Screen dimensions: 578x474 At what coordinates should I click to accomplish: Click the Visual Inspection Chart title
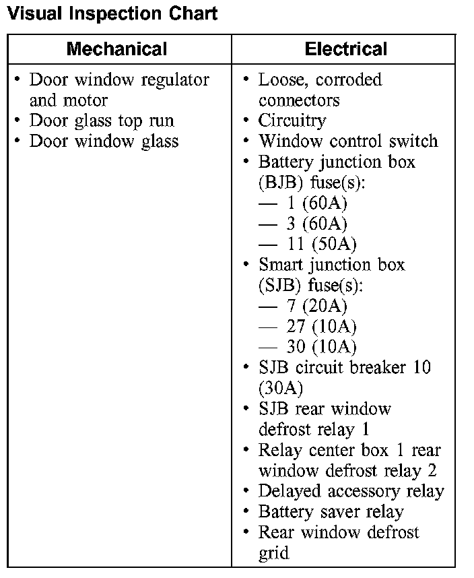pyautogui.click(x=112, y=13)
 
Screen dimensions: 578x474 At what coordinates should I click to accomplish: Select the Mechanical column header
pyautogui.click(x=116, y=49)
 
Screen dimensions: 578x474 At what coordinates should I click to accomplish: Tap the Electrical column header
pyautogui.click(x=345, y=49)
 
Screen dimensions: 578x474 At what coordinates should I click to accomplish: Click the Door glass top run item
pyautogui.click(x=102, y=121)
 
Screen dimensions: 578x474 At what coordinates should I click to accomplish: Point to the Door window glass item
pyautogui.click(x=104, y=141)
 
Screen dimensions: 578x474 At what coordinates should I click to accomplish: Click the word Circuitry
pyautogui.click(x=292, y=121)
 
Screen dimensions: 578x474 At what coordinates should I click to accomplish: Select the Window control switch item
pyautogui.click(x=348, y=141)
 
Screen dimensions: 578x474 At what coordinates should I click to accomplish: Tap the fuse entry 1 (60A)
pyautogui.click(x=316, y=203)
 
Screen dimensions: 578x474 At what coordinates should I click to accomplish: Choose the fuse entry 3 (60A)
pyautogui.click(x=316, y=224)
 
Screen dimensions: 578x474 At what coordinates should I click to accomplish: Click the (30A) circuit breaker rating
pyautogui.click(x=281, y=389)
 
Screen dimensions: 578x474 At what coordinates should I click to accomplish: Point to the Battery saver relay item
pyautogui.click(x=331, y=512)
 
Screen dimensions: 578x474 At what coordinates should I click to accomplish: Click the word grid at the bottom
pyautogui.click(x=273, y=554)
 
